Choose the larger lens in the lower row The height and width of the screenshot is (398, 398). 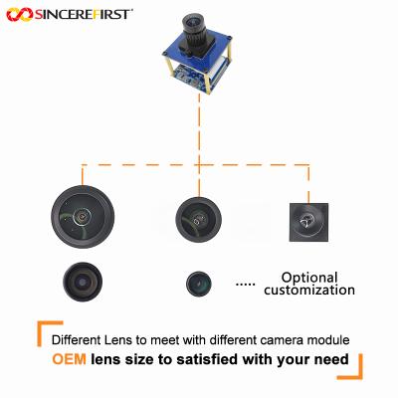[83, 281]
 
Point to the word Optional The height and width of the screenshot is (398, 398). [309, 278]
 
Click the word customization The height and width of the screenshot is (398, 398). [308, 291]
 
